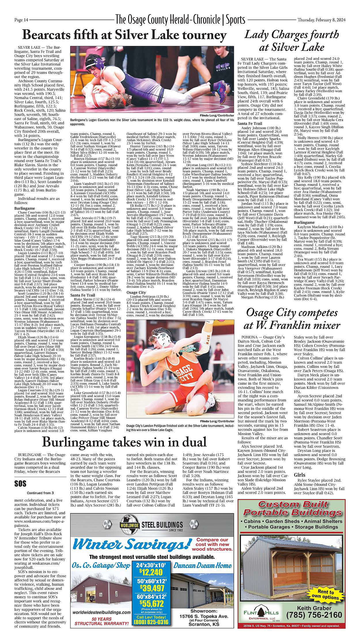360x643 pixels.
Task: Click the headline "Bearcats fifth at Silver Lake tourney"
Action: pyautogui.click(x=124, y=35)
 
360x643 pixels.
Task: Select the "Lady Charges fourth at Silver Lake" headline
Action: pyautogui.click(x=291, y=41)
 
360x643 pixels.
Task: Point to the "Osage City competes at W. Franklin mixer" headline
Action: pyautogui.click(x=291, y=319)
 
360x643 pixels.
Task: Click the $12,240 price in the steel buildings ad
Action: pyautogui.click(x=151, y=572)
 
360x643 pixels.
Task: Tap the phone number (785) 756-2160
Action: pyautogui.click(x=314, y=615)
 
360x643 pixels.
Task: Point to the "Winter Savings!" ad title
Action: pyautogui.click(x=132, y=544)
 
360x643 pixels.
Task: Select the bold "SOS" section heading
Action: pyautogui.click(x=20, y=483)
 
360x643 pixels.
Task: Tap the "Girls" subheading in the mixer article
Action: pyautogui.click(x=300, y=475)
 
